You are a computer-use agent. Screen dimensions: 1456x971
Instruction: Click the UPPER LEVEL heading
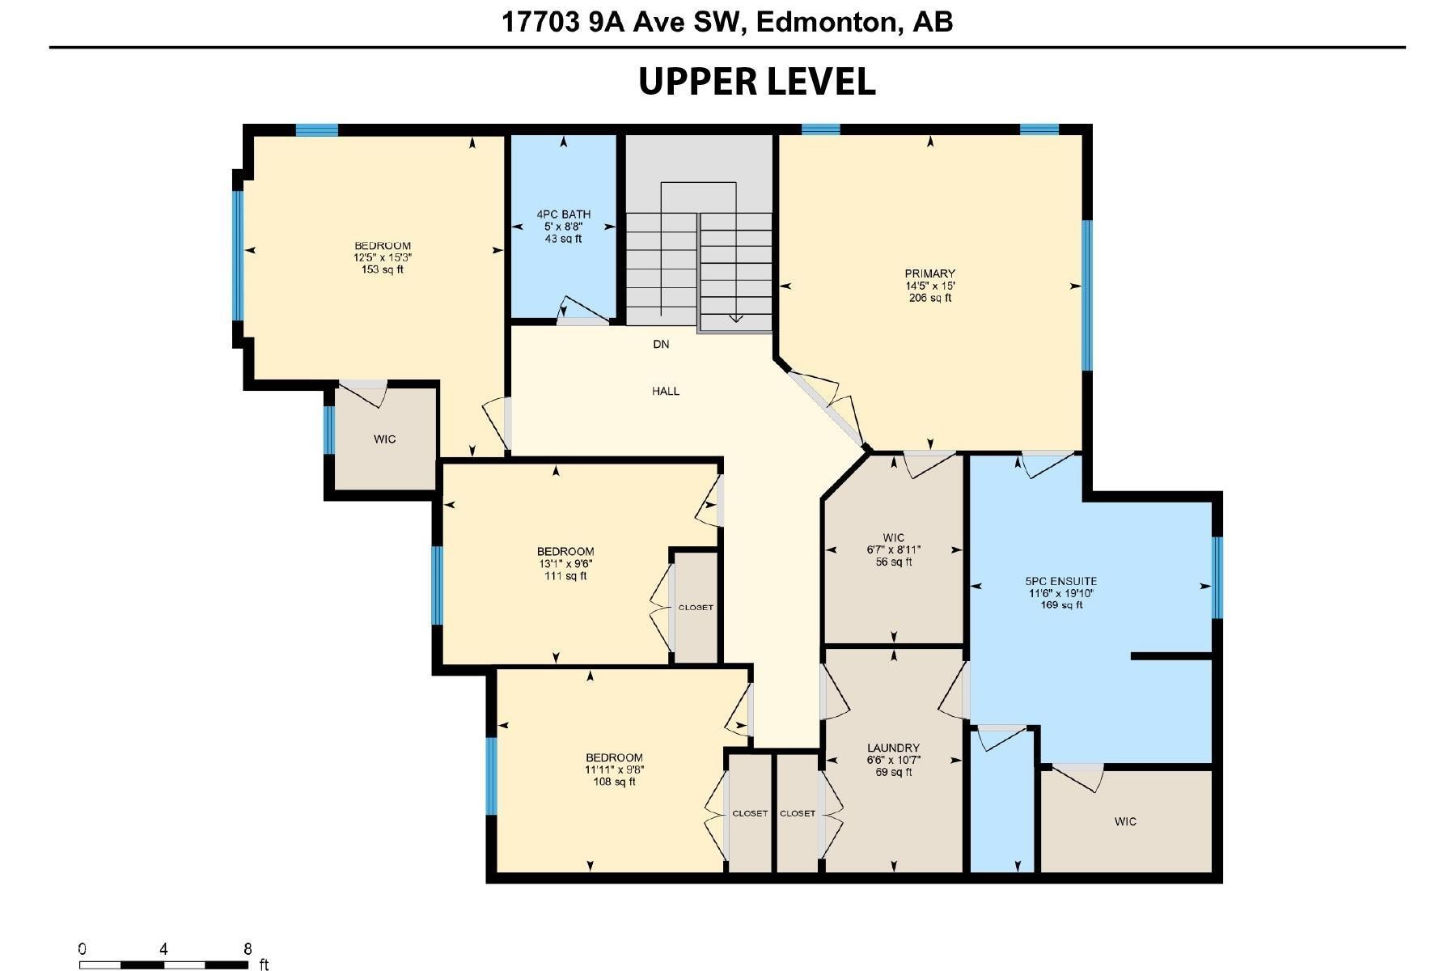757,82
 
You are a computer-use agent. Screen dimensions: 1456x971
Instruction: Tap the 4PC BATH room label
563,214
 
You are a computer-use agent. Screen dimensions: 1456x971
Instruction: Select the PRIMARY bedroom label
929,273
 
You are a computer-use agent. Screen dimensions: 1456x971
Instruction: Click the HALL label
666,392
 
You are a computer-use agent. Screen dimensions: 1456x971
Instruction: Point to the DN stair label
661,345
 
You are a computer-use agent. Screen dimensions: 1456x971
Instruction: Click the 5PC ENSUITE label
1061,581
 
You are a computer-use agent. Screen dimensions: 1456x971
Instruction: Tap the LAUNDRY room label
893,748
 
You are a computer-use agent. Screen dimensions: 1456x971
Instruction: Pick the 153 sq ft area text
383,269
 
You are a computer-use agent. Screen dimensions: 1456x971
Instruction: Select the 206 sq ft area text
930,298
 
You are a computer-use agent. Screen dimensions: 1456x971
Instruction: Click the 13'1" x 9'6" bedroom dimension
565,564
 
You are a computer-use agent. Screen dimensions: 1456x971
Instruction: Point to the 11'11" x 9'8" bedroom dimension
614,770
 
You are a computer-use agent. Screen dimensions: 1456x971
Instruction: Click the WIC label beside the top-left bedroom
385,439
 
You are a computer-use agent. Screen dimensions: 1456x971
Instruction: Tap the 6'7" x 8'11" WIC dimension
893,550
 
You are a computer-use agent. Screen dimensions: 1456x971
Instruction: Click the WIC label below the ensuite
1125,822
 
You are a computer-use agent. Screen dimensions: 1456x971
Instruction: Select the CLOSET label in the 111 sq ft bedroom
696,608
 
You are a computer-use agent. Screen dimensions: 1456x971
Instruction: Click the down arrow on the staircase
736,317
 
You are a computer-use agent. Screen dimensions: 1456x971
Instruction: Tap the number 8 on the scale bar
248,949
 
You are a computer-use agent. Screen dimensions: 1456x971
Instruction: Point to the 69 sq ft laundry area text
893,773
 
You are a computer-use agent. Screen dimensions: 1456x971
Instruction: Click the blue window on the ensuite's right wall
1217,578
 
